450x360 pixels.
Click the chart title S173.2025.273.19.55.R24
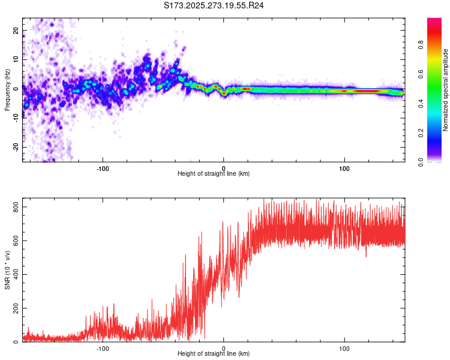pos(214,6)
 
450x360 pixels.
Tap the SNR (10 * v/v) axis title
pos(7,270)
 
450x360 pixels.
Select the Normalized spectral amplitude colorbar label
pos(446,90)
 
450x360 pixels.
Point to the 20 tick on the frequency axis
pos(16,31)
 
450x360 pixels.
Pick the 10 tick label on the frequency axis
pos(16,60)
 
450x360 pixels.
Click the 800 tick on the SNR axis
pos(14,207)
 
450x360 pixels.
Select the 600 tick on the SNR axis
pos(14,241)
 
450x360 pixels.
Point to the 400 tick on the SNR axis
pos(14,274)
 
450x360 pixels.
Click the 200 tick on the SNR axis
pos(14,308)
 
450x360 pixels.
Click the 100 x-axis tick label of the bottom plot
pos(344,349)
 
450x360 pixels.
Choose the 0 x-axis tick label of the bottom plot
pos(224,349)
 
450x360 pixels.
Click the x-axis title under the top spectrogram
pos(214,174)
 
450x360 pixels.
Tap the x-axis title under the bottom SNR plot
pos(214,354)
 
